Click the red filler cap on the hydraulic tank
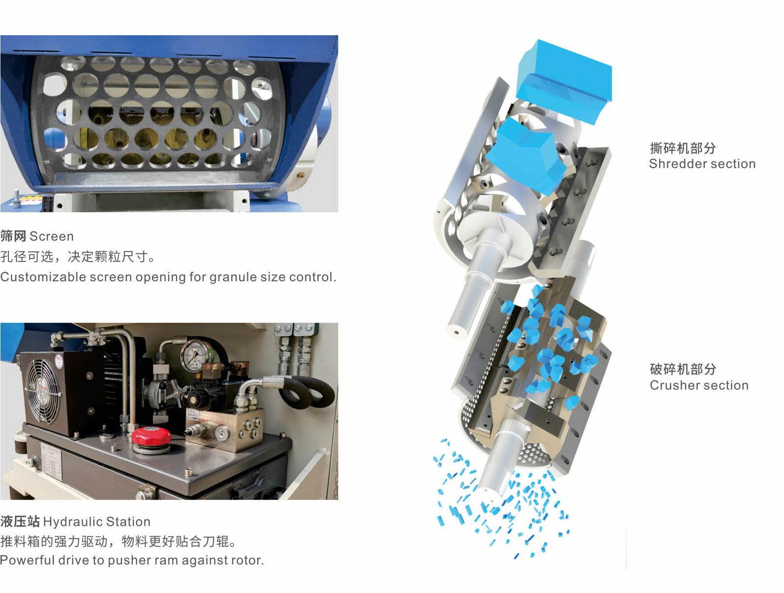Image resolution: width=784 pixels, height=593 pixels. [151, 436]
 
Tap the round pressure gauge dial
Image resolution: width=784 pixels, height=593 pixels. [196, 356]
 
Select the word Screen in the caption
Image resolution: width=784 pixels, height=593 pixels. [51, 236]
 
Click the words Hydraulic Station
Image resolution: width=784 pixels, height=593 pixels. [97, 522]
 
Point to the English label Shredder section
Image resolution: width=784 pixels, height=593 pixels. [702, 164]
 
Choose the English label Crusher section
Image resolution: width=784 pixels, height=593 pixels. [699, 385]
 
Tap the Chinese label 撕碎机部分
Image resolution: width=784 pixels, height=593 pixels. [683, 148]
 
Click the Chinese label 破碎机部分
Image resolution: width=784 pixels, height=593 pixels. [683, 369]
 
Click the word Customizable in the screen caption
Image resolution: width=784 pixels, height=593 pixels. [43, 277]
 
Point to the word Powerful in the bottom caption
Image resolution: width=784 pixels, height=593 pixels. [27, 560]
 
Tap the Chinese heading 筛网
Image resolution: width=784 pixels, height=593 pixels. [13, 236]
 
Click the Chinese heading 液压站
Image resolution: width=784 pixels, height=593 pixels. [20, 522]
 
